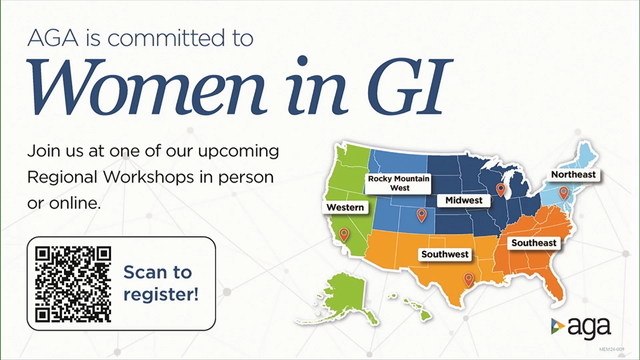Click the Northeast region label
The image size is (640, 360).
[x=573, y=174]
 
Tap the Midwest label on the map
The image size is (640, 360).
[x=464, y=200]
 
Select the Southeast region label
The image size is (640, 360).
[x=534, y=243]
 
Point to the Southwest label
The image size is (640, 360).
[x=445, y=254]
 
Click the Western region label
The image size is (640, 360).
[x=345, y=207]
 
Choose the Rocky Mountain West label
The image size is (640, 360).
[x=399, y=183]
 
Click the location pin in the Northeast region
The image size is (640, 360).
[x=564, y=193]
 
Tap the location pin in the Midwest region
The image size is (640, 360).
[x=501, y=190]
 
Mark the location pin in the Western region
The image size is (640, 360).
[x=344, y=235]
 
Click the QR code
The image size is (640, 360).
[x=73, y=284]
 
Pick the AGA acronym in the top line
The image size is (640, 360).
[x=53, y=38]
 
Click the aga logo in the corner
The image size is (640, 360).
[x=581, y=327]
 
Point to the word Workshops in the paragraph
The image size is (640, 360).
[x=148, y=177]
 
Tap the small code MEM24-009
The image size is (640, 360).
[x=612, y=349]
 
